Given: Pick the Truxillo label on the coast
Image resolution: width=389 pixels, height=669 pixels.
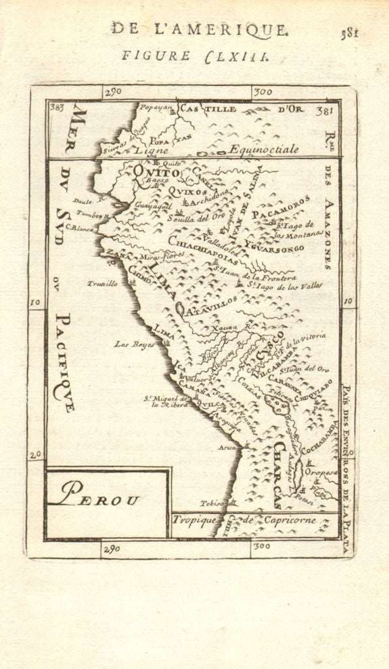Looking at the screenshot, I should (x=103, y=284).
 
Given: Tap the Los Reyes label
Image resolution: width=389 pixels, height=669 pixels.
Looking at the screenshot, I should (x=130, y=343).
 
